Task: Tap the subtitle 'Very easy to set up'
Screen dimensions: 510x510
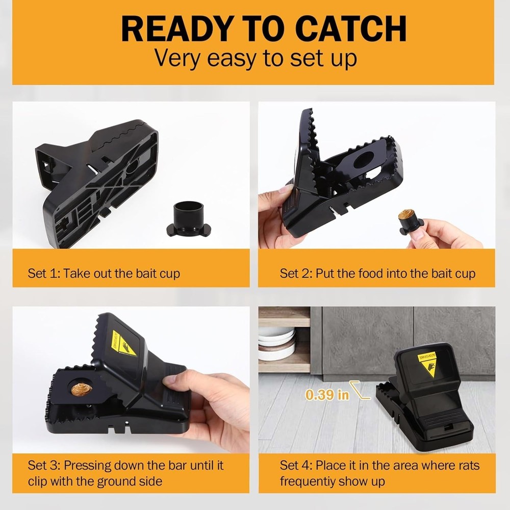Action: click(255, 58)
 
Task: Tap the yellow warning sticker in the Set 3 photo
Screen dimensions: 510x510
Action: click(123, 343)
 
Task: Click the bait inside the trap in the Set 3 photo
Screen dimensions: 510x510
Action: click(81, 390)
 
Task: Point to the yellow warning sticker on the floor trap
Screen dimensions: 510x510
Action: click(427, 363)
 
